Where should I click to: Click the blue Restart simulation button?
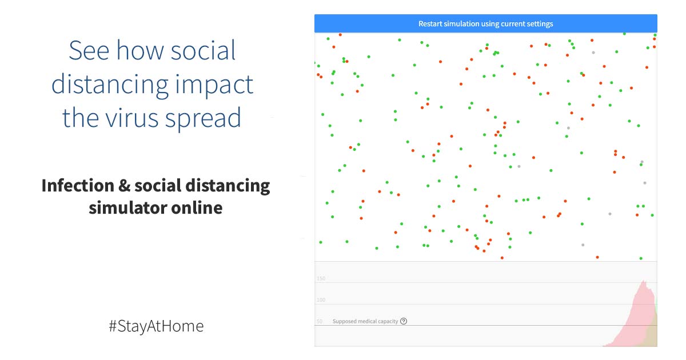[x=485, y=23]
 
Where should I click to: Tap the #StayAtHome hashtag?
[x=156, y=326]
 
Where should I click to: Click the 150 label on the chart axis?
[x=321, y=278]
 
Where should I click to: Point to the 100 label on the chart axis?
[x=321, y=300]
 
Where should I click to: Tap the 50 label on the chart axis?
[x=319, y=321]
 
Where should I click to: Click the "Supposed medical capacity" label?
[x=365, y=321]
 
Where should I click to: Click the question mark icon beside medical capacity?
[x=404, y=321]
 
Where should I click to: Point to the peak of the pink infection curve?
[x=644, y=281]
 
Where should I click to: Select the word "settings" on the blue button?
[x=540, y=23]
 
